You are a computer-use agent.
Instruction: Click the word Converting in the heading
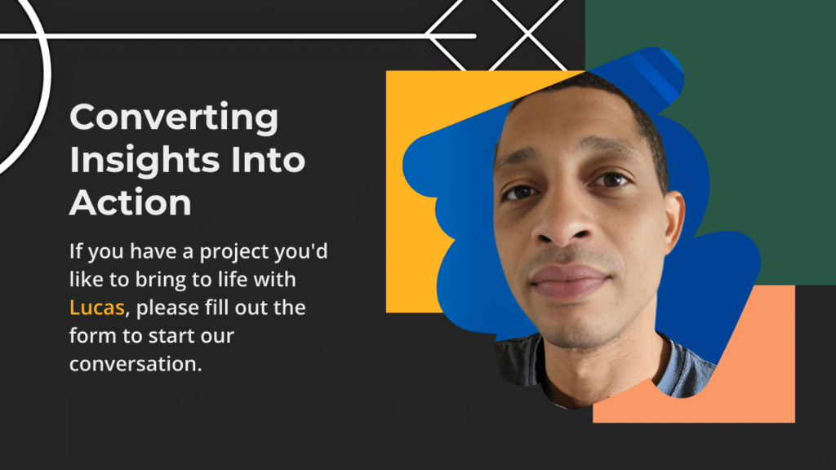coord(174,118)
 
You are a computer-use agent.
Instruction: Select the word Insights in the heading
coord(145,160)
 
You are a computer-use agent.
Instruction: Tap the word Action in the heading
coord(130,202)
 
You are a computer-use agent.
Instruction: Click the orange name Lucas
coord(96,308)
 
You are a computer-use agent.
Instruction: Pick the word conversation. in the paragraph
coord(136,364)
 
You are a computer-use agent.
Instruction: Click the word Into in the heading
coord(268,160)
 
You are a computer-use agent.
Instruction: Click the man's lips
coord(568,281)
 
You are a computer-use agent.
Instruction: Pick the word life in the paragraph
coord(233,279)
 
